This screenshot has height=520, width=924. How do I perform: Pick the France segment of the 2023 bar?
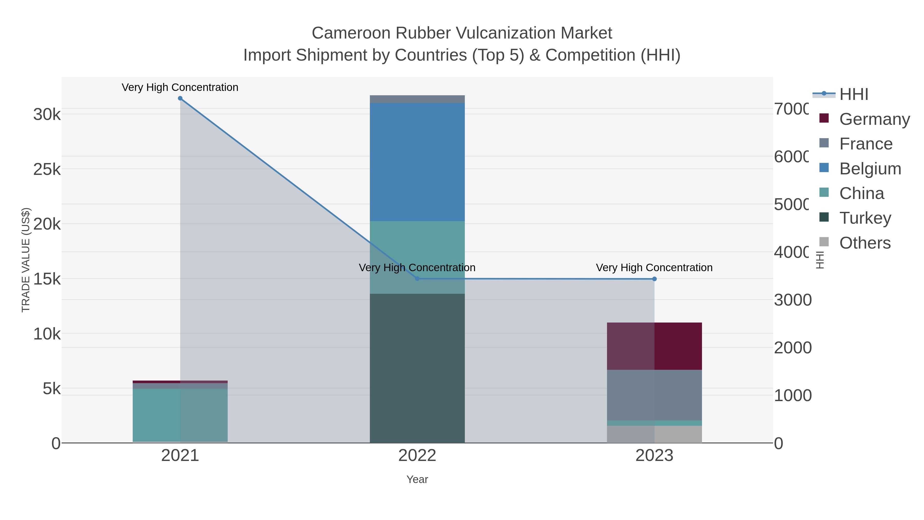[654, 395]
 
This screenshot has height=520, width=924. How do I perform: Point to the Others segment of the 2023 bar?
[654, 434]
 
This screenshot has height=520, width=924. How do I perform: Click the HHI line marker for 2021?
[180, 98]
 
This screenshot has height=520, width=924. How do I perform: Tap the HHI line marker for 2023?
[654, 279]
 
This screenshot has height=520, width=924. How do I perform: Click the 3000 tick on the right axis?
[792, 300]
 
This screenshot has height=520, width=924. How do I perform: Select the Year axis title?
[417, 479]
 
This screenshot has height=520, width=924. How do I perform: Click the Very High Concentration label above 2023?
[654, 268]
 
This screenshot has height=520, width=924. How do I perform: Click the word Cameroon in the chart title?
[351, 33]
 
